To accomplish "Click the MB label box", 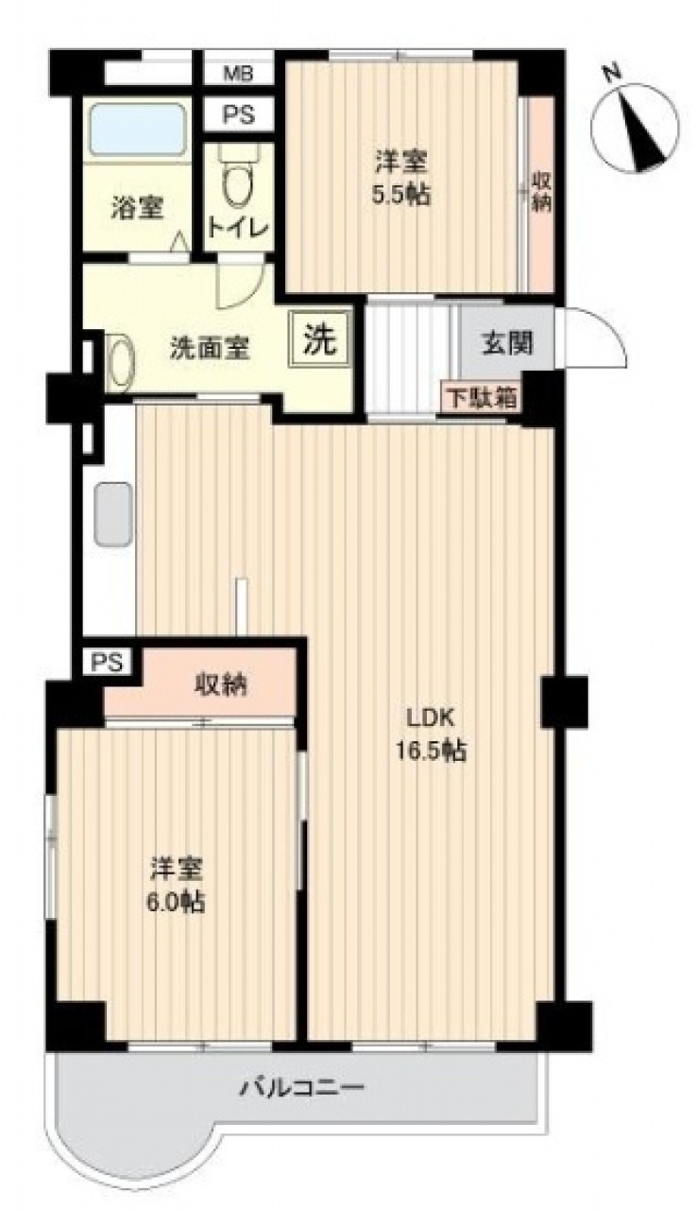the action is (x=238, y=73).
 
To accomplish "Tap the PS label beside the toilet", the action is (x=238, y=114).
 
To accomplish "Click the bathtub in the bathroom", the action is (x=137, y=130).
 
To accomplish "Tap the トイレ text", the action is (x=238, y=228).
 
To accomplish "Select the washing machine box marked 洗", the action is (x=320, y=339).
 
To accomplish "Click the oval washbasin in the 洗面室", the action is (x=120, y=362).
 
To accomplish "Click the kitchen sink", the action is (x=113, y=513).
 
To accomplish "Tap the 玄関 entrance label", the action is (x=507, y=342).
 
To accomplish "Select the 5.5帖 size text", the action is (x=402, y=195).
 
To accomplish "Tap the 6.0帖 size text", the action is (x=177, y=902).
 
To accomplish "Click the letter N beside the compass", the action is (x=611, y=73).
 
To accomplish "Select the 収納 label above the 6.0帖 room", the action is (x=221, y=685).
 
